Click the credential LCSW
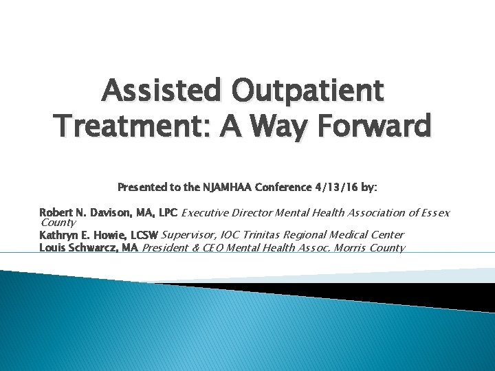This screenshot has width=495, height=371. click(x=142, y=235)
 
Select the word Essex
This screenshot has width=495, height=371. click(x=434, y=212)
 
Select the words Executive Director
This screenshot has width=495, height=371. click(x=223, y=212)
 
